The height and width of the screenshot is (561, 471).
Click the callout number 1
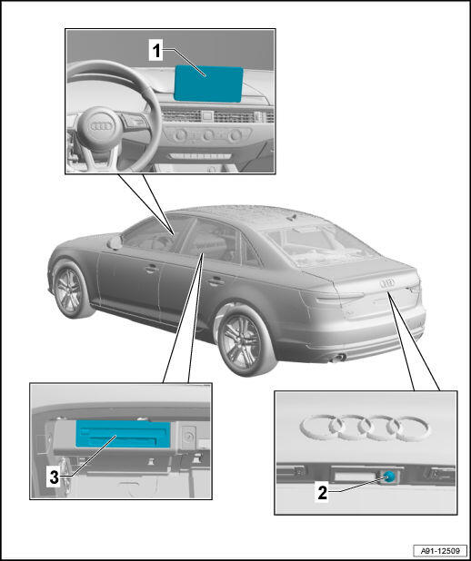(155, 51)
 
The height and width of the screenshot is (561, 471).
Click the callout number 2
(322, 492)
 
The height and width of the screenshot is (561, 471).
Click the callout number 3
(54, 477)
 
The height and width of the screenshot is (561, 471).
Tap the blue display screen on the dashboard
(208, 84)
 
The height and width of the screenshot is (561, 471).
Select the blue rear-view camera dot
(388, 477)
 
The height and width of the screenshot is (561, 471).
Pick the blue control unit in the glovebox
(123, 434)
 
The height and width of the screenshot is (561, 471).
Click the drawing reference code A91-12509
(440, 551)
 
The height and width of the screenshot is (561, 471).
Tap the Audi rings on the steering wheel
(101, 126)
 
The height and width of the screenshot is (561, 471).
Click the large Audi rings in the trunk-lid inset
(365, 428)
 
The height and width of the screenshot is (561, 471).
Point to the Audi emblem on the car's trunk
(387, 282)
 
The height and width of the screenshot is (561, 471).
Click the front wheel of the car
(70, 290)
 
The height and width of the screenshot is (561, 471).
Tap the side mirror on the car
(115, 242)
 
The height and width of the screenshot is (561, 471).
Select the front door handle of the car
(152, 269)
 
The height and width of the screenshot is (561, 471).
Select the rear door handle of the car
(215, 281)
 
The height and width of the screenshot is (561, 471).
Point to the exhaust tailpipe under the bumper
(338, 358)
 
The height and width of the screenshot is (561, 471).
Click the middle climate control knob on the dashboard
(208, 135)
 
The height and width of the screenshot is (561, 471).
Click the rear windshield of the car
(320, 245)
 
